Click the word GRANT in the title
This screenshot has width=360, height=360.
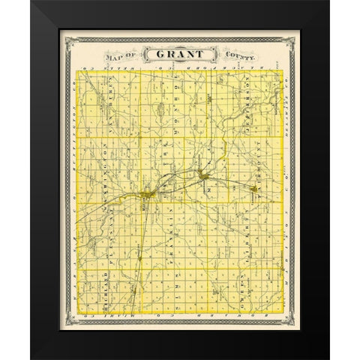[x=179, y=53]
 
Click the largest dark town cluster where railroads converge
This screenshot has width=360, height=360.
[x=146, y=197]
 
